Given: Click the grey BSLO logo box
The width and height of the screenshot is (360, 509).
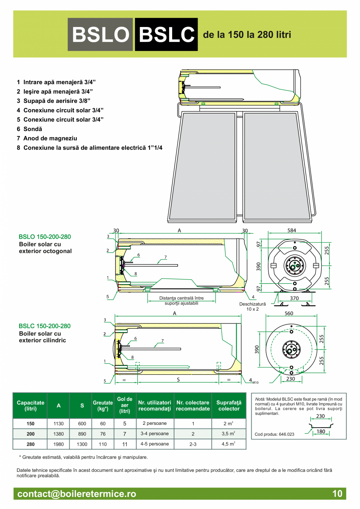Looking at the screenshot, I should click(x=100, y=34).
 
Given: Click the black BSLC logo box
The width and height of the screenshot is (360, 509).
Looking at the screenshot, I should click(x=166, y=34).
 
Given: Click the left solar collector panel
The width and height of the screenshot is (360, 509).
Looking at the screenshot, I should click(x=202, y=166).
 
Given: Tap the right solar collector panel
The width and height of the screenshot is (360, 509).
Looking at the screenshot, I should click(x=277, y=166).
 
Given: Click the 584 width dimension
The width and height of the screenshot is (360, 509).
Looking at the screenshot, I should click(x=292, y=230).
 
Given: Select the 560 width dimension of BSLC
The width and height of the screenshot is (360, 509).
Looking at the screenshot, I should click(x=289, y=313).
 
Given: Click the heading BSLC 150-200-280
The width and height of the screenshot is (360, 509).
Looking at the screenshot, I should click(x=45, y=326).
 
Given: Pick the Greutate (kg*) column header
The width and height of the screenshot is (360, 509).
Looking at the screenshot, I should click(x=103, y=406).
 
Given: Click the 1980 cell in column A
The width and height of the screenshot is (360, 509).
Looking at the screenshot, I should click(x=58, y=444).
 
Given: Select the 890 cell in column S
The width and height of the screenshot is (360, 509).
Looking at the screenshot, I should click(x=82, y=434).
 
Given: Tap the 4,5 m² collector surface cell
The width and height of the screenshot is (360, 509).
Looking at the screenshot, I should click(x=229, y=444).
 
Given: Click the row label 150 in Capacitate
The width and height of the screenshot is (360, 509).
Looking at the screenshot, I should click(x=31, y=424).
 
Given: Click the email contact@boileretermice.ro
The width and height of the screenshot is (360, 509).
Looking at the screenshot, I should click(x=77, y=494).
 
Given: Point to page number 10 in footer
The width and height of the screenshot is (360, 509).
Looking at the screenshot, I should click(x=337, y=494).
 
